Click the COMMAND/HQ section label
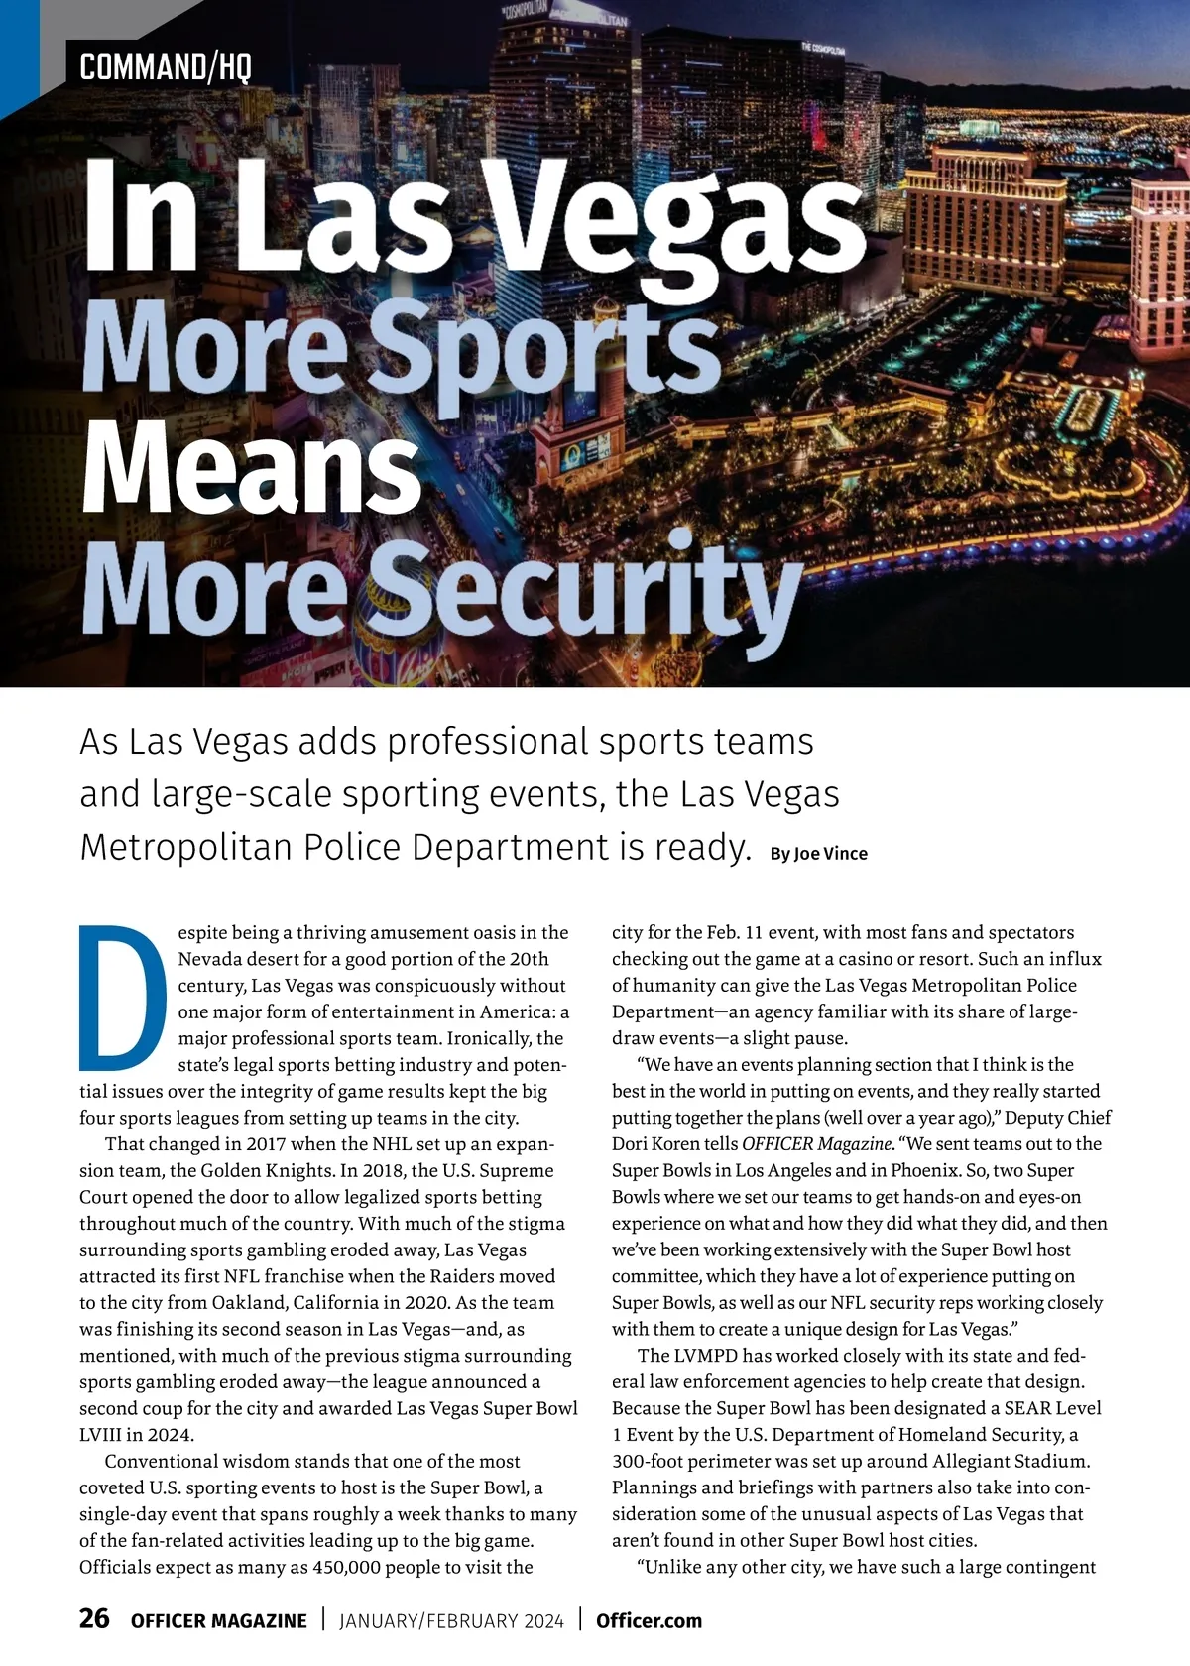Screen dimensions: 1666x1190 165,67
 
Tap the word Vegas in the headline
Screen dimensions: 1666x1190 679,213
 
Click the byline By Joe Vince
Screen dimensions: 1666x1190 818,854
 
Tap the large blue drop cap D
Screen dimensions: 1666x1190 121,997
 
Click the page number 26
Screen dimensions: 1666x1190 94,1619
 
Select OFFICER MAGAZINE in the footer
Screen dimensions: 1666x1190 219,1621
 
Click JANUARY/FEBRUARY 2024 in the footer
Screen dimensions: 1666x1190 451,1621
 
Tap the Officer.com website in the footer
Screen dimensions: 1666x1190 649,1621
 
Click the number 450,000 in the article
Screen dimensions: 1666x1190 345,1568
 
